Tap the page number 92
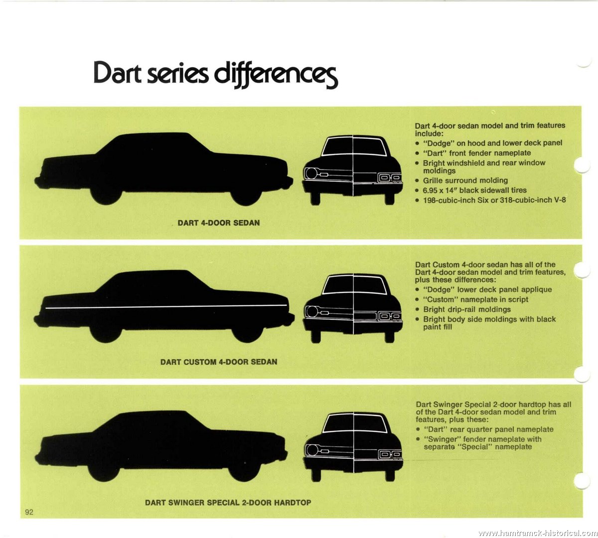click(29, 512)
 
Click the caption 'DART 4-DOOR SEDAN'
click(218, 223)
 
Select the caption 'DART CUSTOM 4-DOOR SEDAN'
click(218, 362)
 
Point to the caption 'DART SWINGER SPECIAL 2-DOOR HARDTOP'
click(228, 503)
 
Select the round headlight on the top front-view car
click(311, 173)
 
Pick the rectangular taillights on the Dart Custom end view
click(390, 316)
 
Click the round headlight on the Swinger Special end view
click(312, 450)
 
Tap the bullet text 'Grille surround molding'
click(465, 181)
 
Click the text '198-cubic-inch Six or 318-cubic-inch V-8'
click(494, 200)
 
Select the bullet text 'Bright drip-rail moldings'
click(467, 309)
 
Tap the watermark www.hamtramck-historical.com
click(538, 533)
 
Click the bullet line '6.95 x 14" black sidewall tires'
click(475, 190)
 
